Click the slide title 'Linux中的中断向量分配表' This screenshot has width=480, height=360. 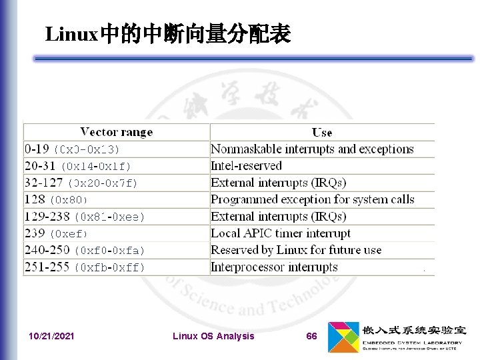click(167, 34)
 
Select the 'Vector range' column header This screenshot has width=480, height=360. click(117, 132)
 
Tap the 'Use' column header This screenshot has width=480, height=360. click(322, 132)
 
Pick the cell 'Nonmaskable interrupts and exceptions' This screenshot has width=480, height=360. click(312, 149)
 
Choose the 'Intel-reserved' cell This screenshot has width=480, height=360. click(246, 165)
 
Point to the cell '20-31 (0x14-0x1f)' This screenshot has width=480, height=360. click(78, 165)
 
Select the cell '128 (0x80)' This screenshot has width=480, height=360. click(57, 199)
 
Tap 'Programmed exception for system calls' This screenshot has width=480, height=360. click(312, 199)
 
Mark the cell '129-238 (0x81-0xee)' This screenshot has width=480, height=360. click(85, 216)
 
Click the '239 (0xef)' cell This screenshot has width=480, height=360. click(57, 233)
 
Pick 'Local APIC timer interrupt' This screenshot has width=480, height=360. click(280, 233)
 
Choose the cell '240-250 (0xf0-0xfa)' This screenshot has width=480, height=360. click(85, 250)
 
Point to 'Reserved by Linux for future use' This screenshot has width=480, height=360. click(296, 250)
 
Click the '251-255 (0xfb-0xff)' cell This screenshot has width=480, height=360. click(85, 267)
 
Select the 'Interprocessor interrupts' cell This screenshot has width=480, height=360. click(274, 267)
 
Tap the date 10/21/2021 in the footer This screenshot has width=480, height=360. click(52, 336)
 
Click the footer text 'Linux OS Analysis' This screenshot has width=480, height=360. click(213, 336)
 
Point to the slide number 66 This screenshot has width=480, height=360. click(311, 336)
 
